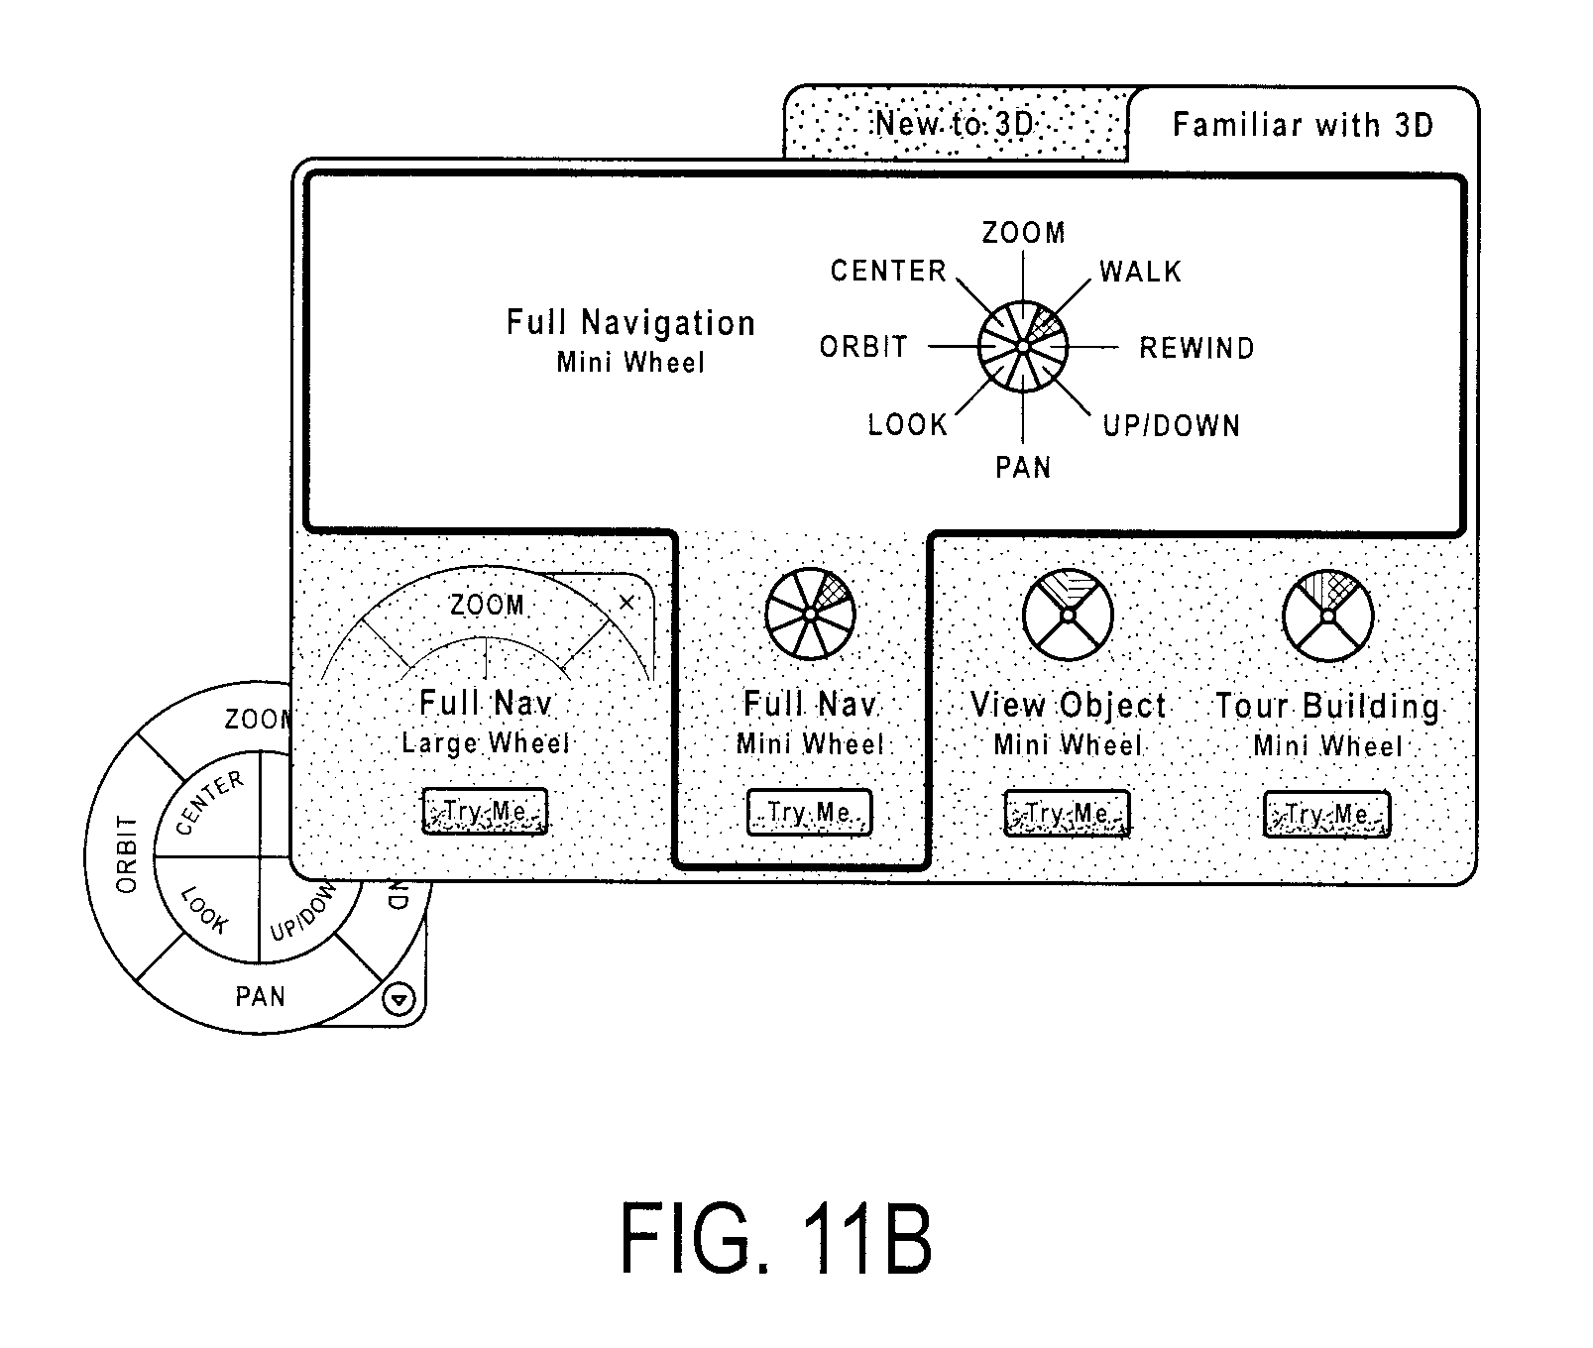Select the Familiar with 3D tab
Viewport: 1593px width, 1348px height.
1303,124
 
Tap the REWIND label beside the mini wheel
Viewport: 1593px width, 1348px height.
1196,348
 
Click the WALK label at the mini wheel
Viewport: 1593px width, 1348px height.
1140,272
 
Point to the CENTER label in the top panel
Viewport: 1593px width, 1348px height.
888,271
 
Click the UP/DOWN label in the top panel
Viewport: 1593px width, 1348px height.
1172,426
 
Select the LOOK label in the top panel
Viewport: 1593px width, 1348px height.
908,425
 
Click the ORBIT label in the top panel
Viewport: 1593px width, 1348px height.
863,347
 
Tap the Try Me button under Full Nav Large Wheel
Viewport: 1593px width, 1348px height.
485,812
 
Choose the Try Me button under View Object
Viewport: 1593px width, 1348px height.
1068,814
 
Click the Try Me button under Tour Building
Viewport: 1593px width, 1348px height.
1327,815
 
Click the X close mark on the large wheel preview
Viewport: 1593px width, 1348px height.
626,602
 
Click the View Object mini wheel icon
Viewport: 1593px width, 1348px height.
1069,615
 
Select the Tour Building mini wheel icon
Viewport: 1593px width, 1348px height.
1328,616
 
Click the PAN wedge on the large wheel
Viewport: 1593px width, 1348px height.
260,995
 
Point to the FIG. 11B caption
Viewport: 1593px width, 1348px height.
776,1238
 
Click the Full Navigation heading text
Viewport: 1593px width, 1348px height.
630,323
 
